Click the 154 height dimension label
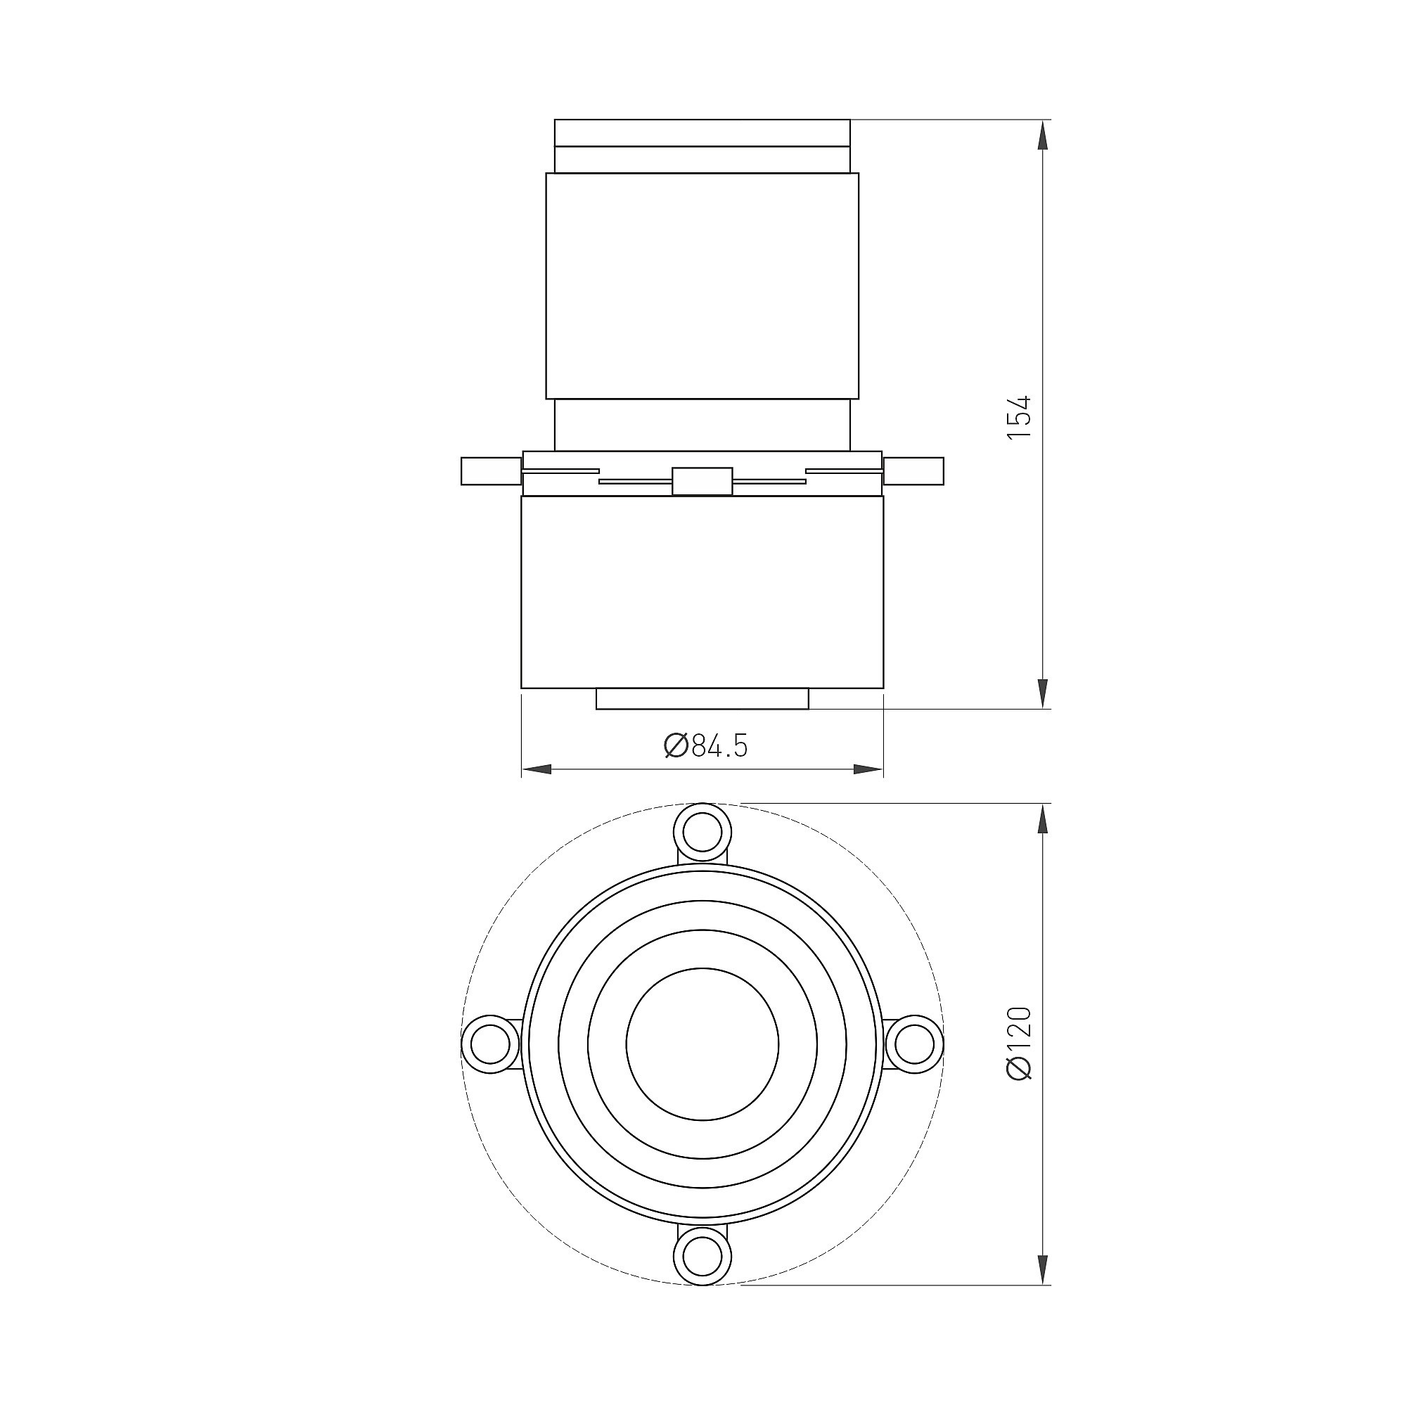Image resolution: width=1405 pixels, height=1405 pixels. [1020, 417]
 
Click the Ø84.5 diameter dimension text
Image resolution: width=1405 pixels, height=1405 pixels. [705, 746]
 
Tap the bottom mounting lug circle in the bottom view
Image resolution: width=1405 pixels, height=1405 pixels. [702, 1259]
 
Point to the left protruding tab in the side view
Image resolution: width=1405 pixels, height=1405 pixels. [492, 470]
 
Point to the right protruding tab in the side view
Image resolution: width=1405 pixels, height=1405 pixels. [913, 470]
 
